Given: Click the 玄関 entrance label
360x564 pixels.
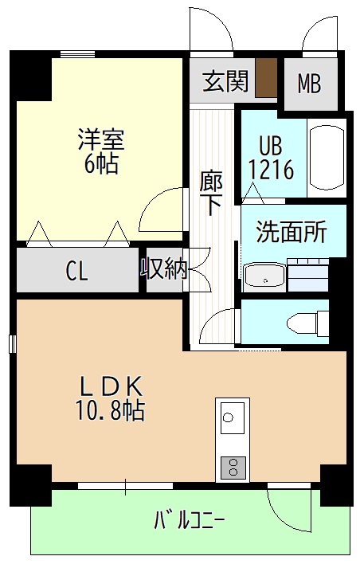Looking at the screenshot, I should pyautogui.click(x=225, y=81).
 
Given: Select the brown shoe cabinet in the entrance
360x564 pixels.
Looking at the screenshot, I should pyautogui.click(x=265, y=77).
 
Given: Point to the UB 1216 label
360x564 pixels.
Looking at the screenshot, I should pyautogui.click(x=272, y=159).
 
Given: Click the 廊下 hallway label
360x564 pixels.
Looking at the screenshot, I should pyautogui.click(x=211, y=194).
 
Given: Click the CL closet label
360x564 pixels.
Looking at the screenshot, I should pyautogui.click(x=76, y=272).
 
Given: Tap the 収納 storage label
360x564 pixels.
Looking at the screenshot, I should pyautogui.click(x=164, y=269).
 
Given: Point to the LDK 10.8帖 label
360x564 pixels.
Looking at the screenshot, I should pyautogui.click(x=111, y=398).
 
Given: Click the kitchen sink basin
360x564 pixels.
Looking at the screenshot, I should pyautogui.click(x=233, y=417).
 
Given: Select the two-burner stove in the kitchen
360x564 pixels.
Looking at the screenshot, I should pyautogui.click(x=233, y=465).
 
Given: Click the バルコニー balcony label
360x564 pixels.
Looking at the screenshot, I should pyautogui.click(x=189, y=522).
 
